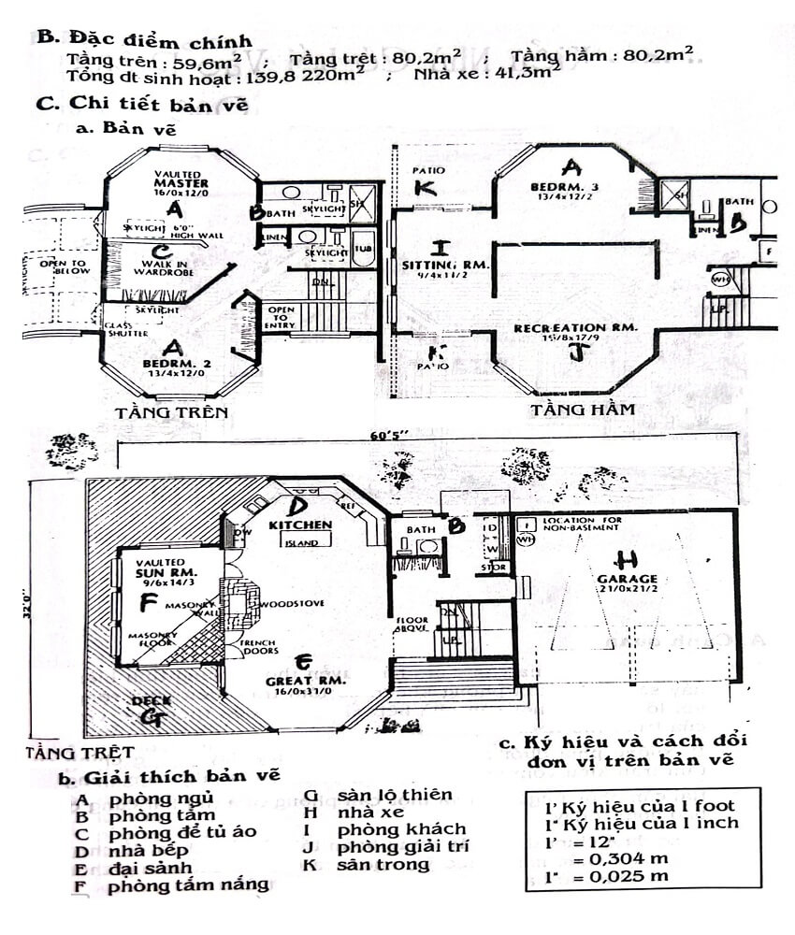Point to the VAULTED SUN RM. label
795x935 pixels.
coord(165,569)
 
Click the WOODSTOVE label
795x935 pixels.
coord(296,604)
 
